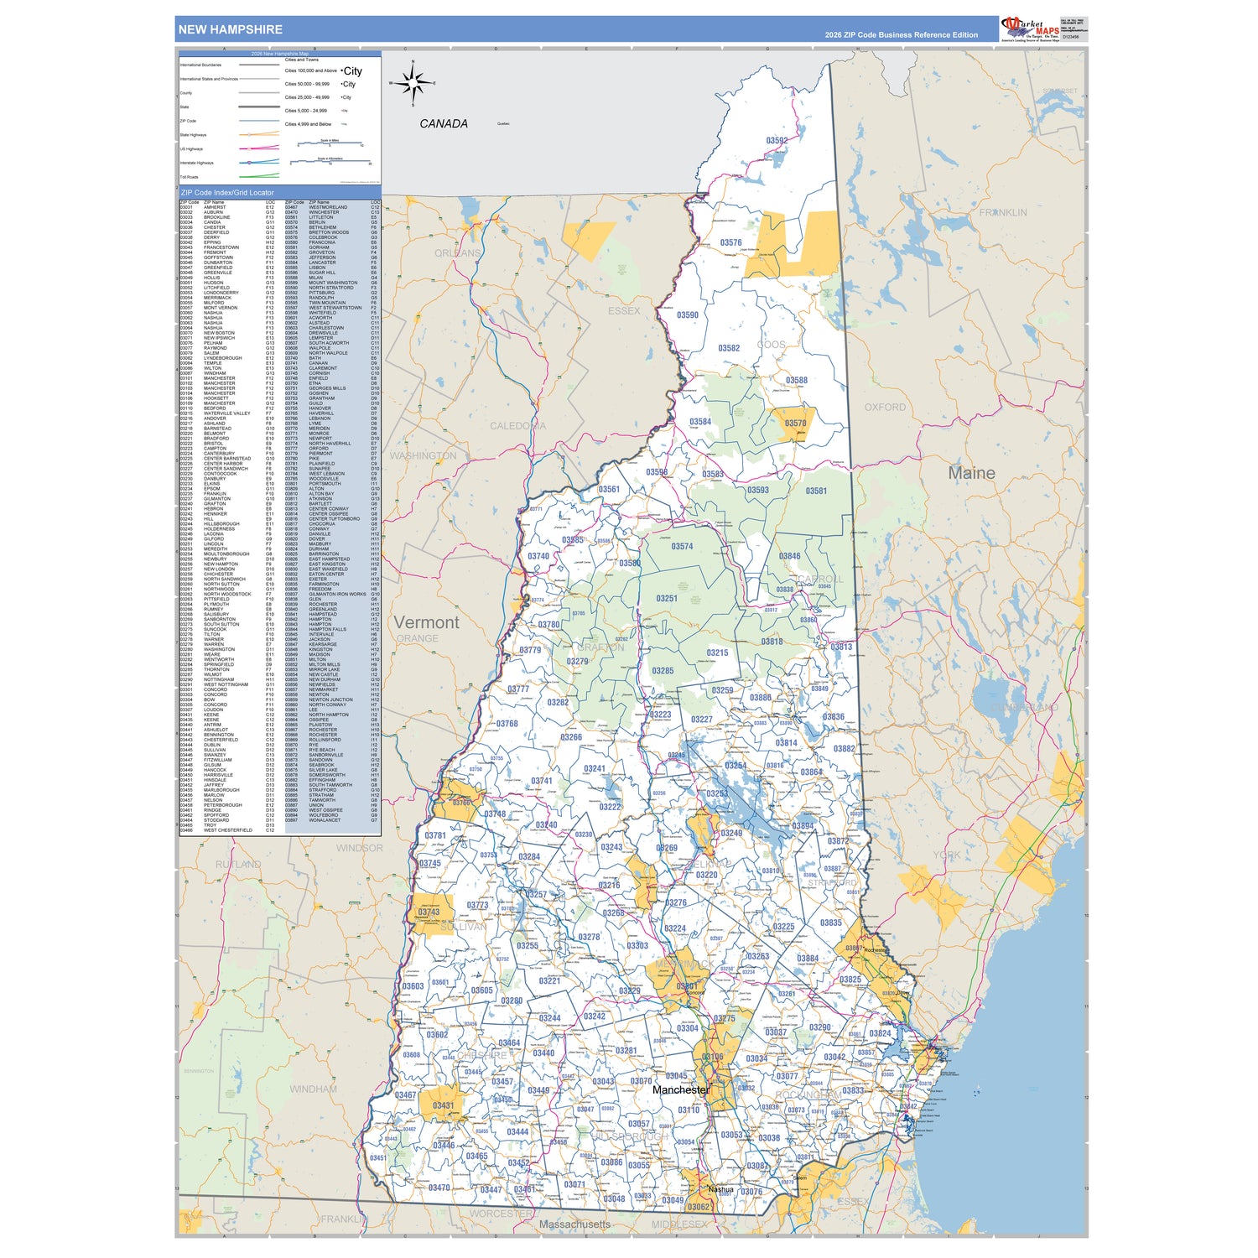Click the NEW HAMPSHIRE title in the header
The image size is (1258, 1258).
pos(230,29)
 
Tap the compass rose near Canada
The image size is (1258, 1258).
pos(412,83)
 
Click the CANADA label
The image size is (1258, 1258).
pos(443,123)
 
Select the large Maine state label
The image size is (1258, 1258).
pos(971,473)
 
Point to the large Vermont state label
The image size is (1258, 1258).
pos(427,622)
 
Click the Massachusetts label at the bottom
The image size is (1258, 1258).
pos(574,1224)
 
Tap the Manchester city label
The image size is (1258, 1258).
pos(680,1089)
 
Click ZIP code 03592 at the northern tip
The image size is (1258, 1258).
pos(777,141)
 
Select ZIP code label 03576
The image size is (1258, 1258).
pos(730,243)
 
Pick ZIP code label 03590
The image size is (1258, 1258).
pos(688,315)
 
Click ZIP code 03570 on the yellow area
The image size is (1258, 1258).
pos(795,424)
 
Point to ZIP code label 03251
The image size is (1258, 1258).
pos(667,598)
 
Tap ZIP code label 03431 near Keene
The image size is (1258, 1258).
pos(443,1105)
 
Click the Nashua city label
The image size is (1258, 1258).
pos(720,1189)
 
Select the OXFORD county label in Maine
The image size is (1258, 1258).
pos(885,407)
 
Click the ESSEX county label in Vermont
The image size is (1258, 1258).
pos(623,311)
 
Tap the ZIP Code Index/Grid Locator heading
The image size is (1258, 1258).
pos(227,193)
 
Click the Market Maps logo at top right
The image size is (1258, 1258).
pos(1030,29)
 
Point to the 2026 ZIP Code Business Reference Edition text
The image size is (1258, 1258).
pos(901,35)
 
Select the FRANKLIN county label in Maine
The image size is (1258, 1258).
pos(1002,213)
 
